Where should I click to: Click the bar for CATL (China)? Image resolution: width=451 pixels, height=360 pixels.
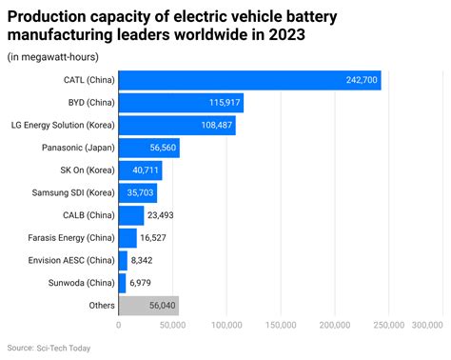(x=249, y=80)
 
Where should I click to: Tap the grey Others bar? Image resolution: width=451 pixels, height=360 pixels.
(x=148, y=306)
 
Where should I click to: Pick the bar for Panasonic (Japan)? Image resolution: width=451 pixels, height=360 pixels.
(x=148, y=148)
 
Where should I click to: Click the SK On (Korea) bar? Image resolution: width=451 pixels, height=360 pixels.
(x=140, y=170)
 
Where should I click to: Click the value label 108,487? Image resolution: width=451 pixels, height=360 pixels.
(x=214, y=126)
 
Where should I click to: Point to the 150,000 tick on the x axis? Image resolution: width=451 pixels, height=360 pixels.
(x=281, y=326)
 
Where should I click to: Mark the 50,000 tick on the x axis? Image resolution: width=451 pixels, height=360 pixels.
(x=172, y=326)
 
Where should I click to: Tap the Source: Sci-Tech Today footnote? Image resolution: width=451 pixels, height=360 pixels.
(x=49, y=349)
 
